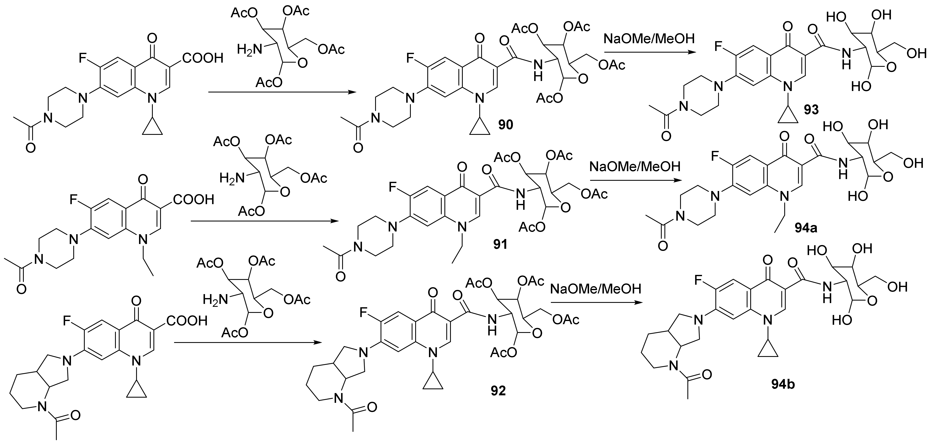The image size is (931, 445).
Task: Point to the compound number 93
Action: coord(811,110)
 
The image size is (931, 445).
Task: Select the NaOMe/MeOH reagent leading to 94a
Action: coord(635,166)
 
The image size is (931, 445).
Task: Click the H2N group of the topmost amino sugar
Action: coord(249,49)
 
